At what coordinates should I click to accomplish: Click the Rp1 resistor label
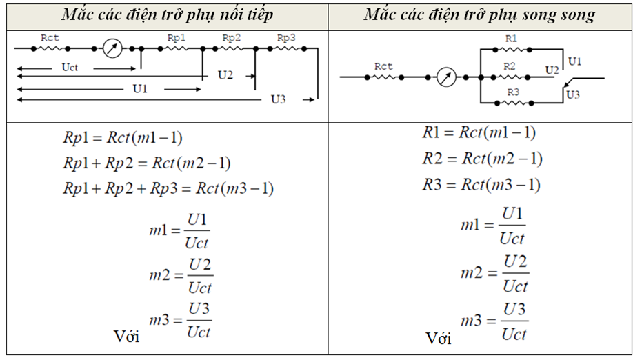[x=177, y=38]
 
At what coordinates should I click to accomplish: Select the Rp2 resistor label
[x=231, y=38]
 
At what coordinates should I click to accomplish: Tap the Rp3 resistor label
[x=286, y=38]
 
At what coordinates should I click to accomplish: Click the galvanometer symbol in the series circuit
[x=112, y=48]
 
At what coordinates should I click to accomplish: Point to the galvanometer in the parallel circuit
[x=446, y=77]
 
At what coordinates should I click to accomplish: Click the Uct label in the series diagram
[x=70, y=67]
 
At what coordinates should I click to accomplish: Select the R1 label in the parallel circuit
[x=511, y=39]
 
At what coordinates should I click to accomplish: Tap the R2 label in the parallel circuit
[x=510, y=66]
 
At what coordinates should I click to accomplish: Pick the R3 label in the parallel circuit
[x=513, y=92]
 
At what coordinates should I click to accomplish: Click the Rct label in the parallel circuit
[x=383, y=66]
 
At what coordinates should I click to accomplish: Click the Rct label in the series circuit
[x=50, y=38]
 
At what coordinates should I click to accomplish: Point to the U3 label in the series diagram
[x=279, y=99]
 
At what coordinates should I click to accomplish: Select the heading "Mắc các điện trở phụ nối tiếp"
[x=168, y=15]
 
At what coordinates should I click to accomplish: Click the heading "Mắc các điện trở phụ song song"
[x=479, y=15]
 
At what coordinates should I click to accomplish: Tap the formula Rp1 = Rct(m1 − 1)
[x=123, y=137]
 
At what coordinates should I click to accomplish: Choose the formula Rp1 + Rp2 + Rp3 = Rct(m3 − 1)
[x=168, y=188]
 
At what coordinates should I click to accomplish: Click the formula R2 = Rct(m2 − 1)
[x=483, y=159]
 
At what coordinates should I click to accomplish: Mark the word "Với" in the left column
[x=126, y=337]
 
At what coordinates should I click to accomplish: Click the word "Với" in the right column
[x=439, y=339]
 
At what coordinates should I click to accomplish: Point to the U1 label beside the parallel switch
[x=575, y=61]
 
